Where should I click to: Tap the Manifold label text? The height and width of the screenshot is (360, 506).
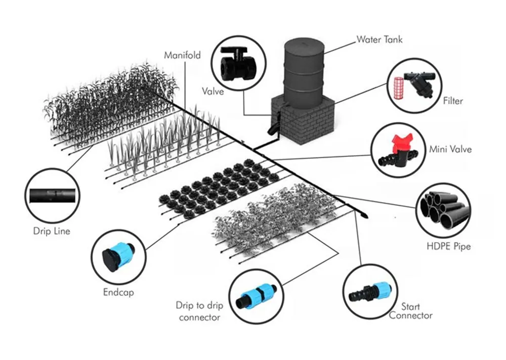[182, 55]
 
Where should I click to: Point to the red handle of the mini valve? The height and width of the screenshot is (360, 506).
[396, 143]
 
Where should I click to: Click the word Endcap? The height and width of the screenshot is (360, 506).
[118, 292]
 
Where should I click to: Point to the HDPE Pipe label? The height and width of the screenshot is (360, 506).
[448, 247]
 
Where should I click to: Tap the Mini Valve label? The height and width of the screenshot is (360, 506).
[450, 149]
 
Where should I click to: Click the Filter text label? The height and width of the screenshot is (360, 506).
[452, 101]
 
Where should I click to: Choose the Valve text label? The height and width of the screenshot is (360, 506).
[214, 92]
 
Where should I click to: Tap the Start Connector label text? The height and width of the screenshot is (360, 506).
[410, 311]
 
